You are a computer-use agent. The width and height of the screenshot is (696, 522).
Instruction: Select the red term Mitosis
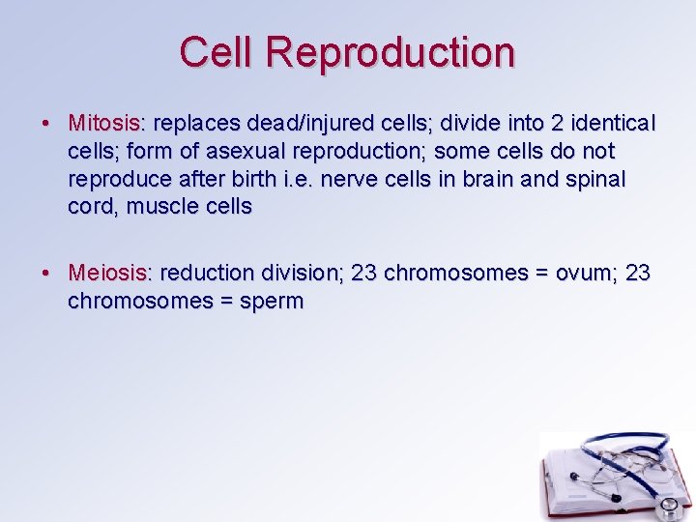103,124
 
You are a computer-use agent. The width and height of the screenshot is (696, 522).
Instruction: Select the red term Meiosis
106,274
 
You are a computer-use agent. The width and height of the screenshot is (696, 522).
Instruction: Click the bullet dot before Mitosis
47,125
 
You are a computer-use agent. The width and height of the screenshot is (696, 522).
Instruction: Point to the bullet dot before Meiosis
47,275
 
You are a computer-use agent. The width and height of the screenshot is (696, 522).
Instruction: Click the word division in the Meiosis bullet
296,274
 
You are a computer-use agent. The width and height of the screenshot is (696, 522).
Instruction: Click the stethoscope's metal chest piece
667,506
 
